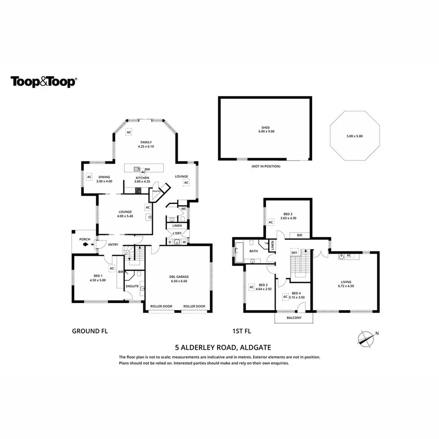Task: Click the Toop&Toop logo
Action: [44, 81]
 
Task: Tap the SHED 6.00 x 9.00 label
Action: [265, 129]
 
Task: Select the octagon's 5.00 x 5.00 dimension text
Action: [354, 136]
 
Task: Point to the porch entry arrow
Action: [86, 245]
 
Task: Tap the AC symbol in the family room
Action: [129, 132]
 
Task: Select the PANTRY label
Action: [157, 191]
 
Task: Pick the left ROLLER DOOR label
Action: [161, 306]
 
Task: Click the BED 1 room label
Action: [98, 278]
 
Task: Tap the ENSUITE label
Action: [132, 286]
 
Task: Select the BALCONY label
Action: [294, 318]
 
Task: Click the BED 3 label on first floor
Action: [288, 216]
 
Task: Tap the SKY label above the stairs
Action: [294, 252]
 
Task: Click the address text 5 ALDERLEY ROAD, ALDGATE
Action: [219, 348]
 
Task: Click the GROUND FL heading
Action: [90, 331]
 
